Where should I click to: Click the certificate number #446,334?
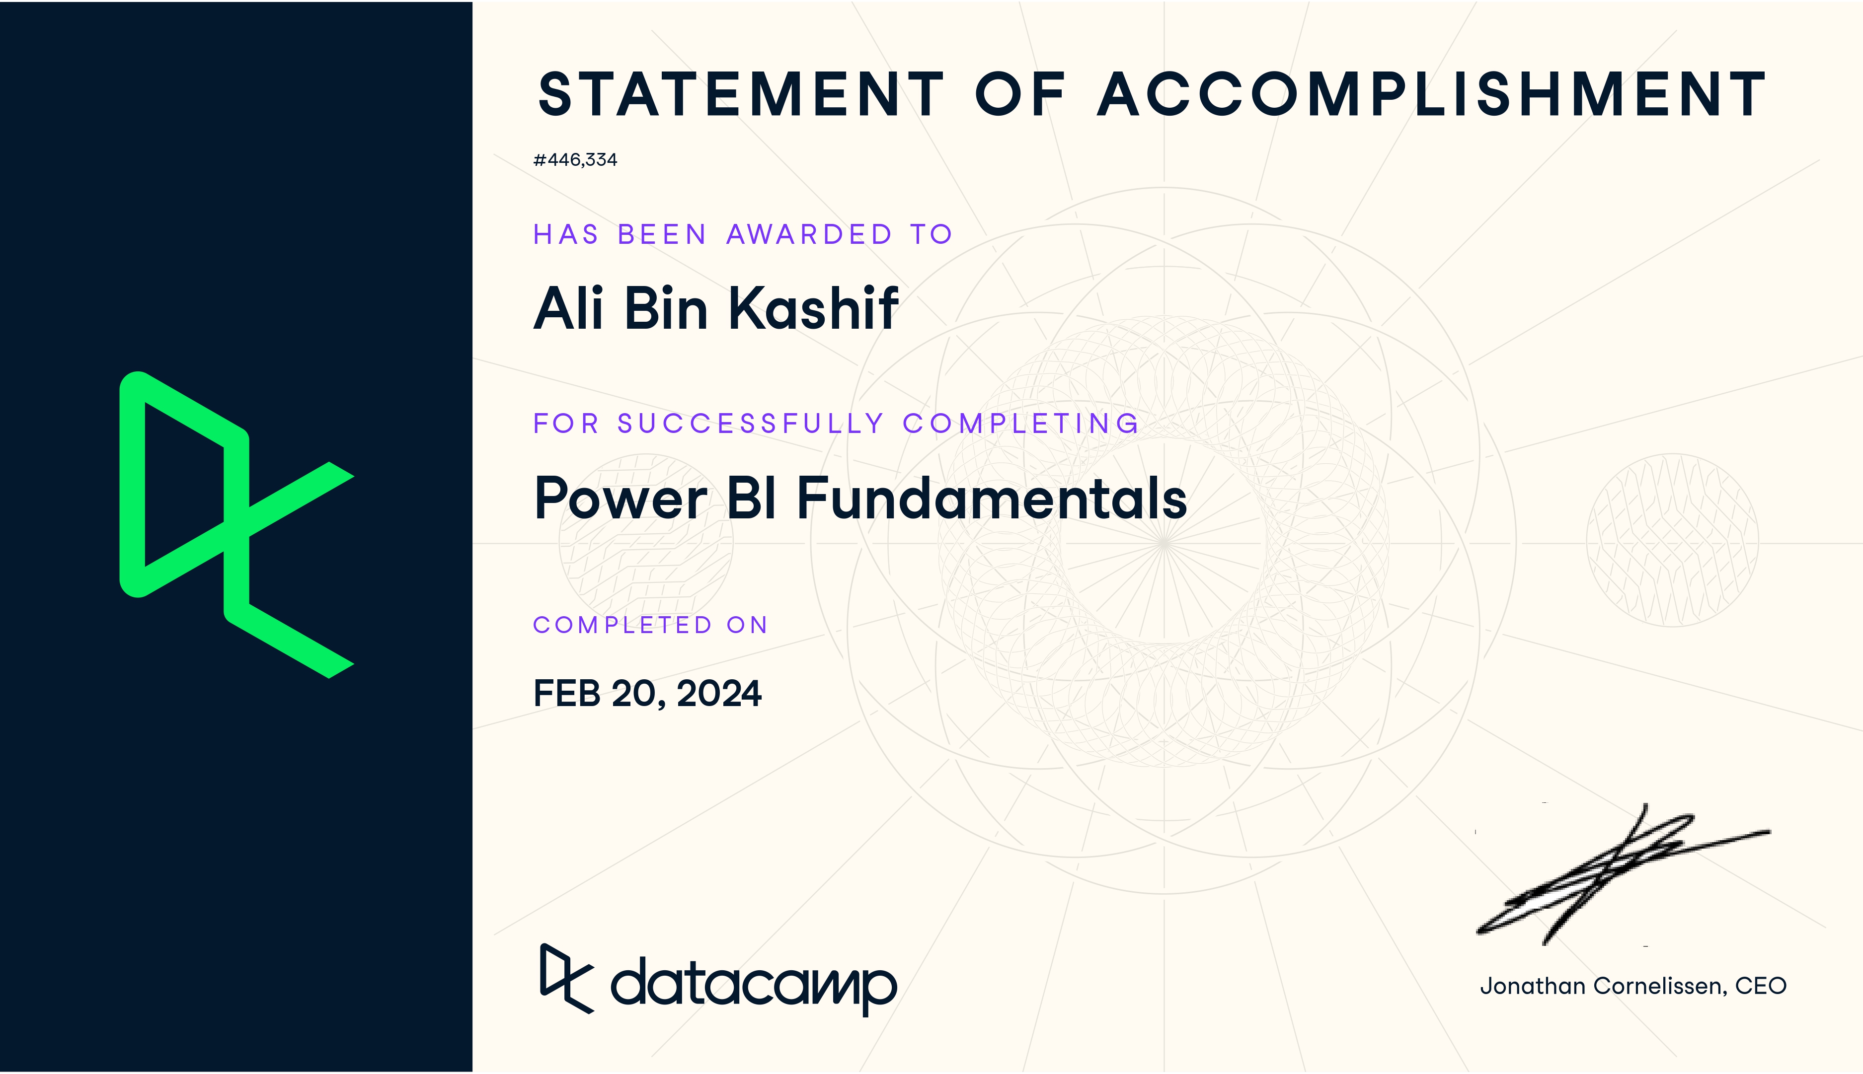575,160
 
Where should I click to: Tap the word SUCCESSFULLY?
750,424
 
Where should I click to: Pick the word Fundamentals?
992,498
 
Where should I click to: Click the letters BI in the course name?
751,498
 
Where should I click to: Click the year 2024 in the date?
719,693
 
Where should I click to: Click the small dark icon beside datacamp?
567,978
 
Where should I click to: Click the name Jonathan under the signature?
1533,986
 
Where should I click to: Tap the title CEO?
1761,986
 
